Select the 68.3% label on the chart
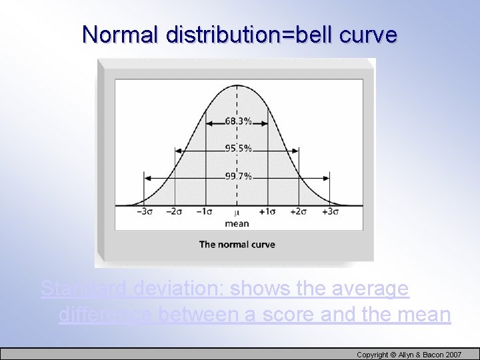tap(238, 122)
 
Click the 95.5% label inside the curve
tap(238, 149)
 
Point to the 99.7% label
tap(238, 177)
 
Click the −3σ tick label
tap(145, 212)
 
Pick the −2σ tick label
tap(175, 212)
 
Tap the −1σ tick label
tap(205, 212)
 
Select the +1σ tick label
tap(268, 212)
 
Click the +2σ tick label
tap(298, 212)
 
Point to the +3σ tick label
tap(329, 212)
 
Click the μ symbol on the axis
tap(237, 213)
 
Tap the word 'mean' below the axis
tap(237, 223)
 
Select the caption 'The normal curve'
tap(237, 245)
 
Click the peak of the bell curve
tap(237, 85)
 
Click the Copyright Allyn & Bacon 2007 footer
tap(409, 354)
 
